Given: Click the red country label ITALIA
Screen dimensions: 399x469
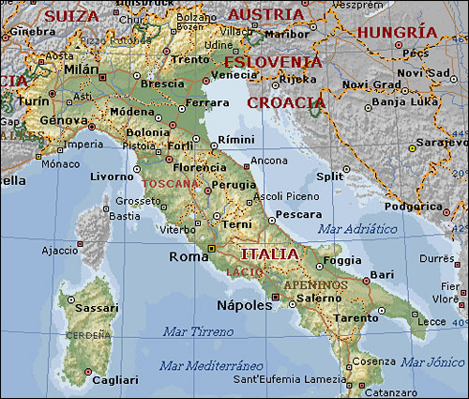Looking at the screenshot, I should [x=269, y=254].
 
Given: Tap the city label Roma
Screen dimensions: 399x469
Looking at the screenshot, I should [x=188, y=256].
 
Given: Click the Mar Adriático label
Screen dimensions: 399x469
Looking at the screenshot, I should [x=357, y=228].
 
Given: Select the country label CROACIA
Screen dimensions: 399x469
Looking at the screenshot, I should [x=287, y=102].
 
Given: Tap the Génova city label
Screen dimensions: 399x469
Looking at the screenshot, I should [x=62, y=120].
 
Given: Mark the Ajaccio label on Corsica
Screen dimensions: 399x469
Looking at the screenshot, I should [x=59, y=251].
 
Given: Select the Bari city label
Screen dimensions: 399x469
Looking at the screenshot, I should [x=382, y=274].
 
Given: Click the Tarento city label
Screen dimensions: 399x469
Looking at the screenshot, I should [x=359, y=318].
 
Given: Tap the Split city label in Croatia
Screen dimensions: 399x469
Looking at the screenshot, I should [x=329, y=176].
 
